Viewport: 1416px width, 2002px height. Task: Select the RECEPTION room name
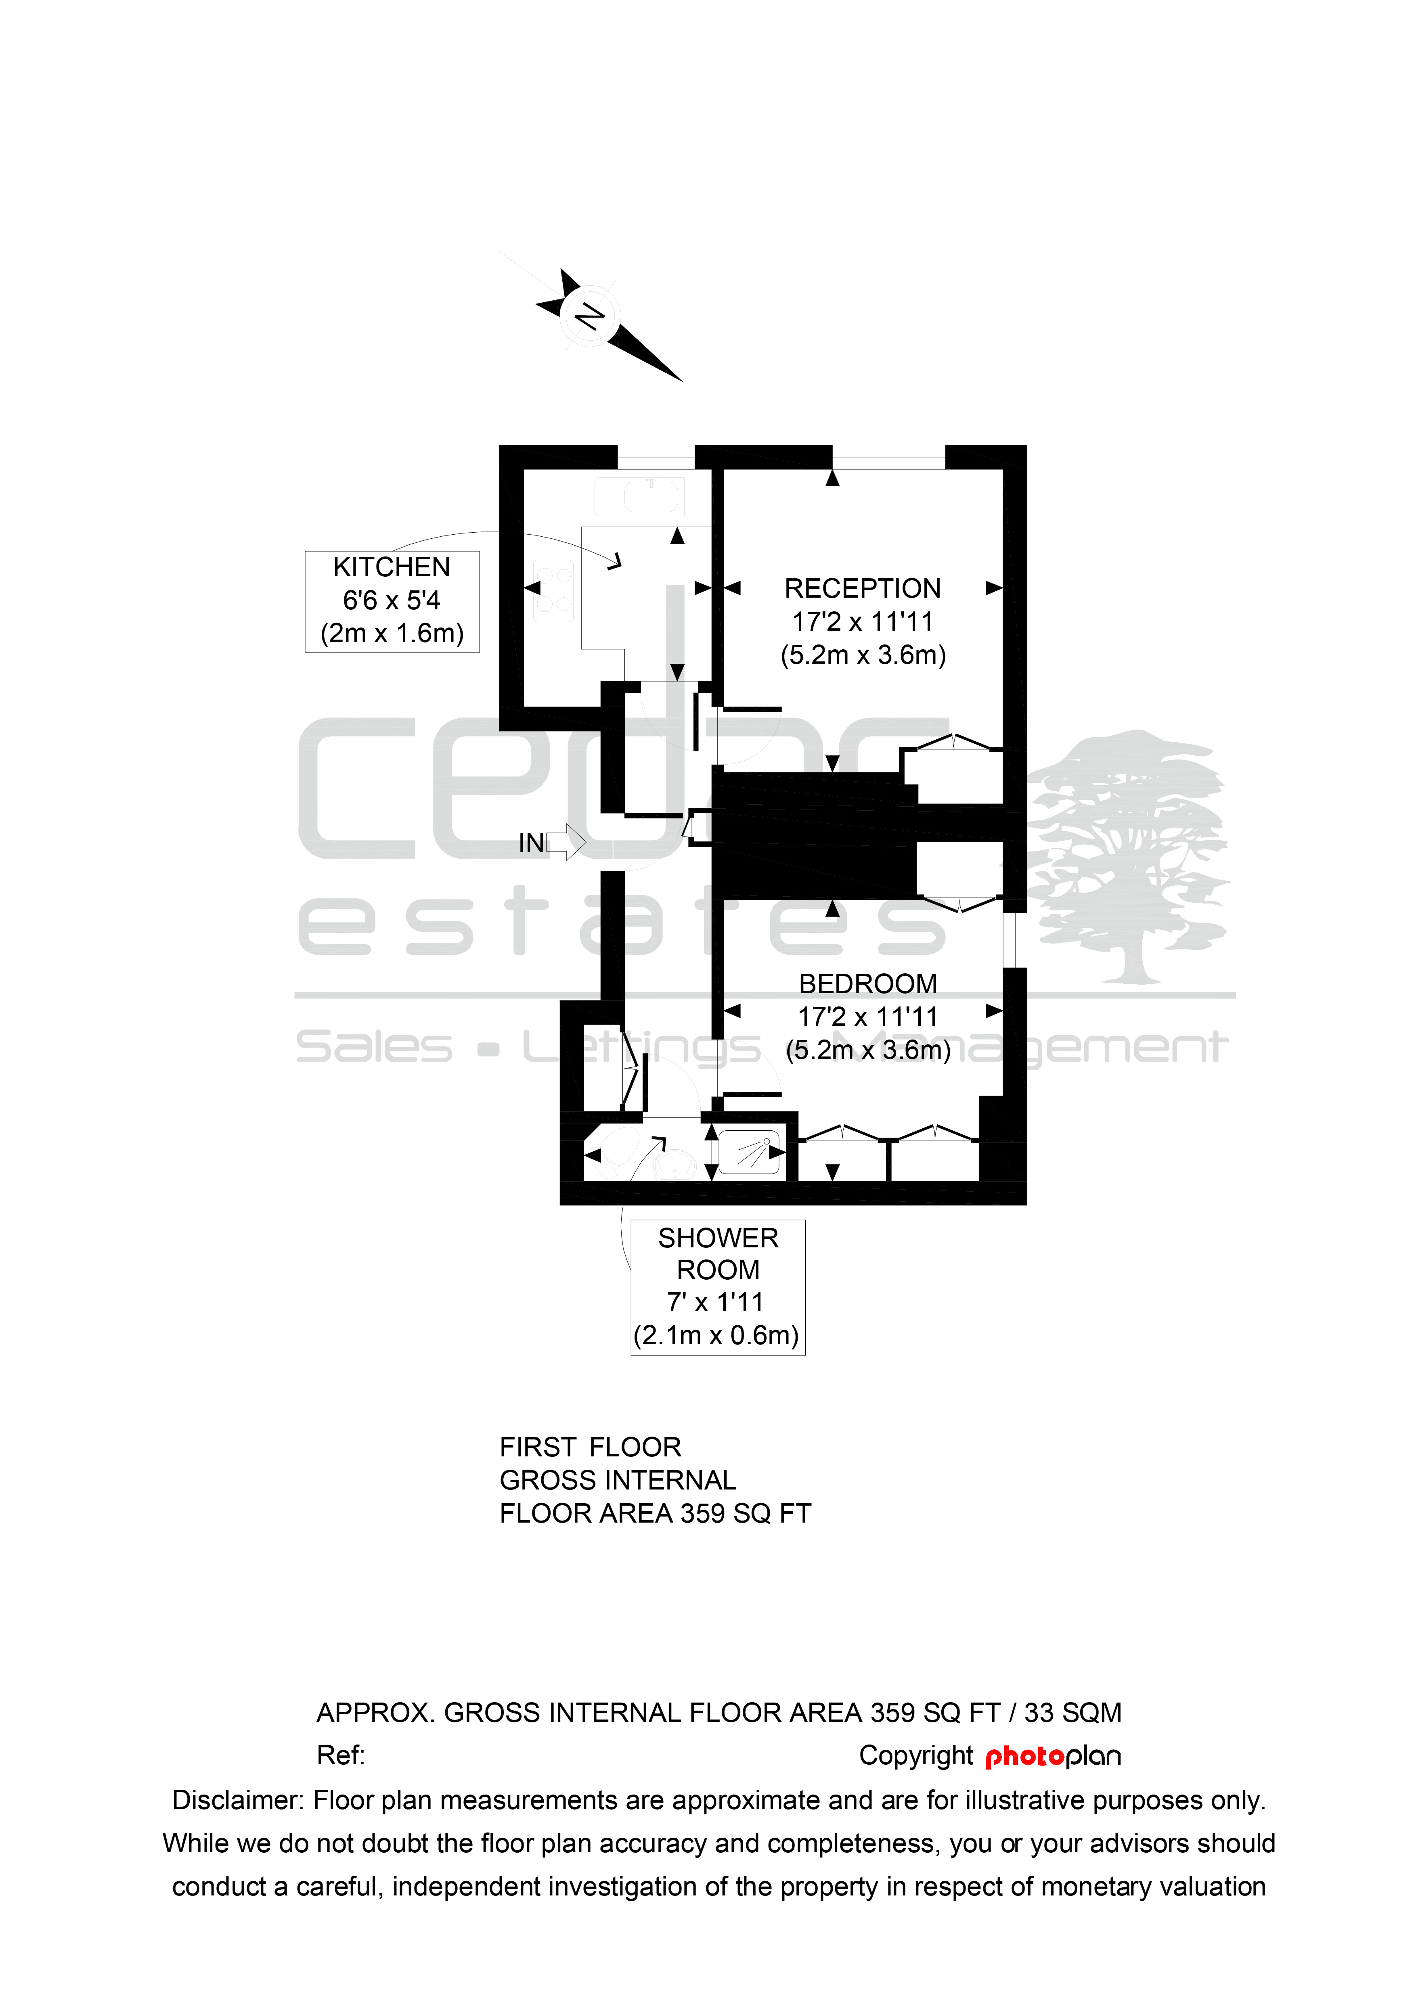(862, 588)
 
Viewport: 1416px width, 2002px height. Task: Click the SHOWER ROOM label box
(718, 1287)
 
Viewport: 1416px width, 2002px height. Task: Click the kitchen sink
(639, 496)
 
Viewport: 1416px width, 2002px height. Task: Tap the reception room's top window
(888, 457)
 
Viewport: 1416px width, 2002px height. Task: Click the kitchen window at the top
(656, 457)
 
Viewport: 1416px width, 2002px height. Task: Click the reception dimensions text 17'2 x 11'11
(862, 622)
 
